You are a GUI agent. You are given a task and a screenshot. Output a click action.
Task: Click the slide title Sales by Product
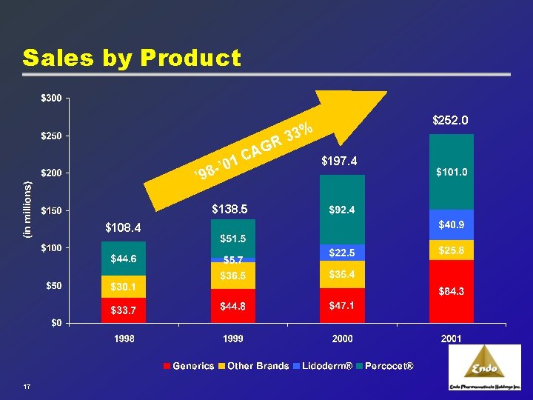point(132,58)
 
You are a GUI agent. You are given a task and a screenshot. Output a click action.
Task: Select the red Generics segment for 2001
point(451,291)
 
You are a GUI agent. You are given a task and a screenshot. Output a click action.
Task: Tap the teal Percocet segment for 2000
point(341,210)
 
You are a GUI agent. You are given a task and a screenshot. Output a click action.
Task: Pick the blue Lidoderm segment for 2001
point(451,224)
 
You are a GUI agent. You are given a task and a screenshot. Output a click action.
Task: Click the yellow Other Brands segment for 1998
point(124,286)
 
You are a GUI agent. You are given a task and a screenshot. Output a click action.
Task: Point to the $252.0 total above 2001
point(451,119)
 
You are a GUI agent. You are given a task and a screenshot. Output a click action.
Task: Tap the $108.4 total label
point(123,227)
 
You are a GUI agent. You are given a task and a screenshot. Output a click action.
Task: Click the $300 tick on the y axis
point(51,98)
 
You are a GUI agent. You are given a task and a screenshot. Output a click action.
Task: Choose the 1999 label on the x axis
point(232,339)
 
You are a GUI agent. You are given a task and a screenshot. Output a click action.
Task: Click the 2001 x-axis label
point(451,339)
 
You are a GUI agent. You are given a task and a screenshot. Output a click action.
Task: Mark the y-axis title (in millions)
point(27,210)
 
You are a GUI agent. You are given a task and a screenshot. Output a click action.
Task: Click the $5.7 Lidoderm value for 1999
point(234,260)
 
